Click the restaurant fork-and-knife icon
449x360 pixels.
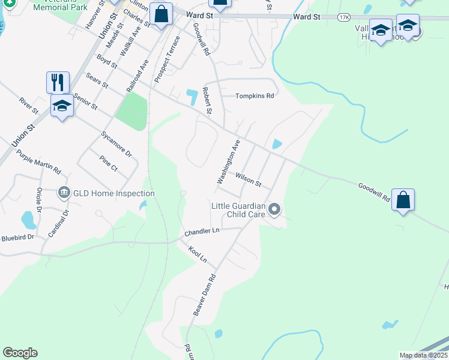[58, 82]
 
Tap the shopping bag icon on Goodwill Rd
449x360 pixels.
[403, 200]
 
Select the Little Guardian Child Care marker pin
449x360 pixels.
[274, 209]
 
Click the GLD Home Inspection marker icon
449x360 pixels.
[64, 193]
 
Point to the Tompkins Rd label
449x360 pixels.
[255, 95]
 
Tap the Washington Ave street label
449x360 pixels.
[228, 162]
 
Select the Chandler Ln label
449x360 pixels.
[202, 231]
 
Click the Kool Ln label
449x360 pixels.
[197, 254]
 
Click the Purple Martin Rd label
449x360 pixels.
[39, 161]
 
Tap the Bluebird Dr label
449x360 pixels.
[17, 237]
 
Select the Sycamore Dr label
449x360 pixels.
[116, 144]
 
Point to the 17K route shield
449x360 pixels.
[343, 18]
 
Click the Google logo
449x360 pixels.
[20, 353]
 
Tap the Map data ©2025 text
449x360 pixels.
[423, 355]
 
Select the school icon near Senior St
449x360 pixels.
[62, 107]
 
